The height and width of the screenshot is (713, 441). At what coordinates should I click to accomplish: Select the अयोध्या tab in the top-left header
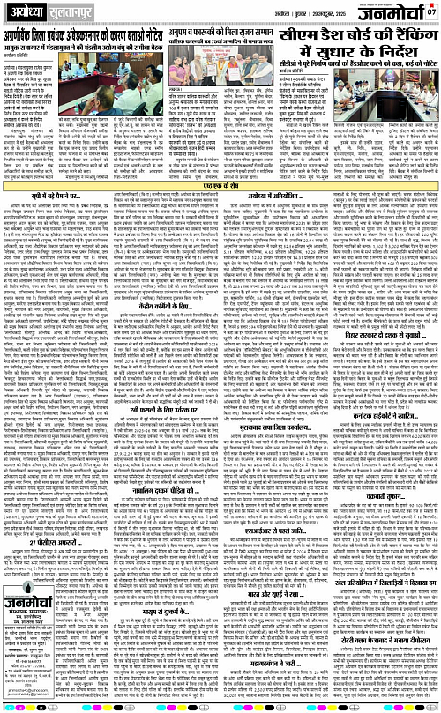[x=25, y=12]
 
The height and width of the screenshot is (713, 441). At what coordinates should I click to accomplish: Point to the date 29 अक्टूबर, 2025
[x=327, y=14]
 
